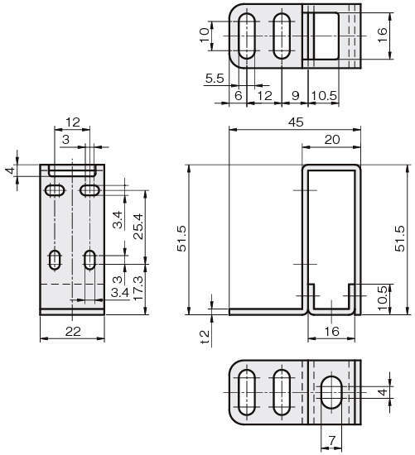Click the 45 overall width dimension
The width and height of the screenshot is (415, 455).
click(296, 122)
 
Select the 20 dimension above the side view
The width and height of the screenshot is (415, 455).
click(332, 140)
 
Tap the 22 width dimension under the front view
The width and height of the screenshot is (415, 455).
click(73, 332)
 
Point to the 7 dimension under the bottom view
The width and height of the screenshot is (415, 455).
click(331, 440)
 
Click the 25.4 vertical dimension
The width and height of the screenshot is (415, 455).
click(138, 227)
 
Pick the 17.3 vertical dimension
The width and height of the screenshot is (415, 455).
click(138, 288)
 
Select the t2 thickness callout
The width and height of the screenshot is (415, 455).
click(205, 338)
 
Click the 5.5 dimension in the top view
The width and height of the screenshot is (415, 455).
click(215, 79)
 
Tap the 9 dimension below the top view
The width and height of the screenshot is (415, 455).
click(295, 96)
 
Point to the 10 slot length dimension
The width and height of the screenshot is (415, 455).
click(205, 36)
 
